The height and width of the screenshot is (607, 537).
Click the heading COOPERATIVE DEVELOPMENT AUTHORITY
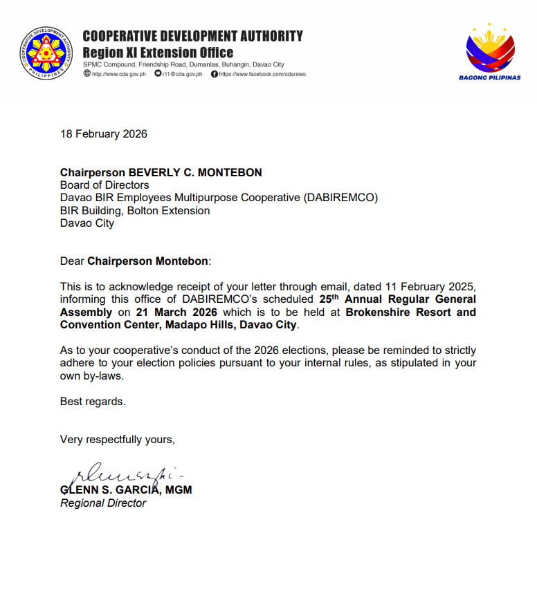click(192, 36)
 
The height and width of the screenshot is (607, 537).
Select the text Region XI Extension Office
click(158, 53)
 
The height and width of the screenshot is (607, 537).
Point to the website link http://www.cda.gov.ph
click(115, 74)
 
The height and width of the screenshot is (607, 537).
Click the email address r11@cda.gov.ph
click(182, 74)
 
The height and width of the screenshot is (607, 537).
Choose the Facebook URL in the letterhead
click(258, 74)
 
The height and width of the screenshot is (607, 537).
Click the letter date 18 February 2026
click(104, 134)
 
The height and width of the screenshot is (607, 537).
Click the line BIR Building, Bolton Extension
click(135, 211)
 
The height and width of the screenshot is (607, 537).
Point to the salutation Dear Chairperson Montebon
click(135, 261)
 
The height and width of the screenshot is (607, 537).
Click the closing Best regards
click(93, 401)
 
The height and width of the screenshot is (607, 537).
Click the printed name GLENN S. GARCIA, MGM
click(126, 490)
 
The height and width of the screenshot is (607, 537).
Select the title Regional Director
click(103, 503)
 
